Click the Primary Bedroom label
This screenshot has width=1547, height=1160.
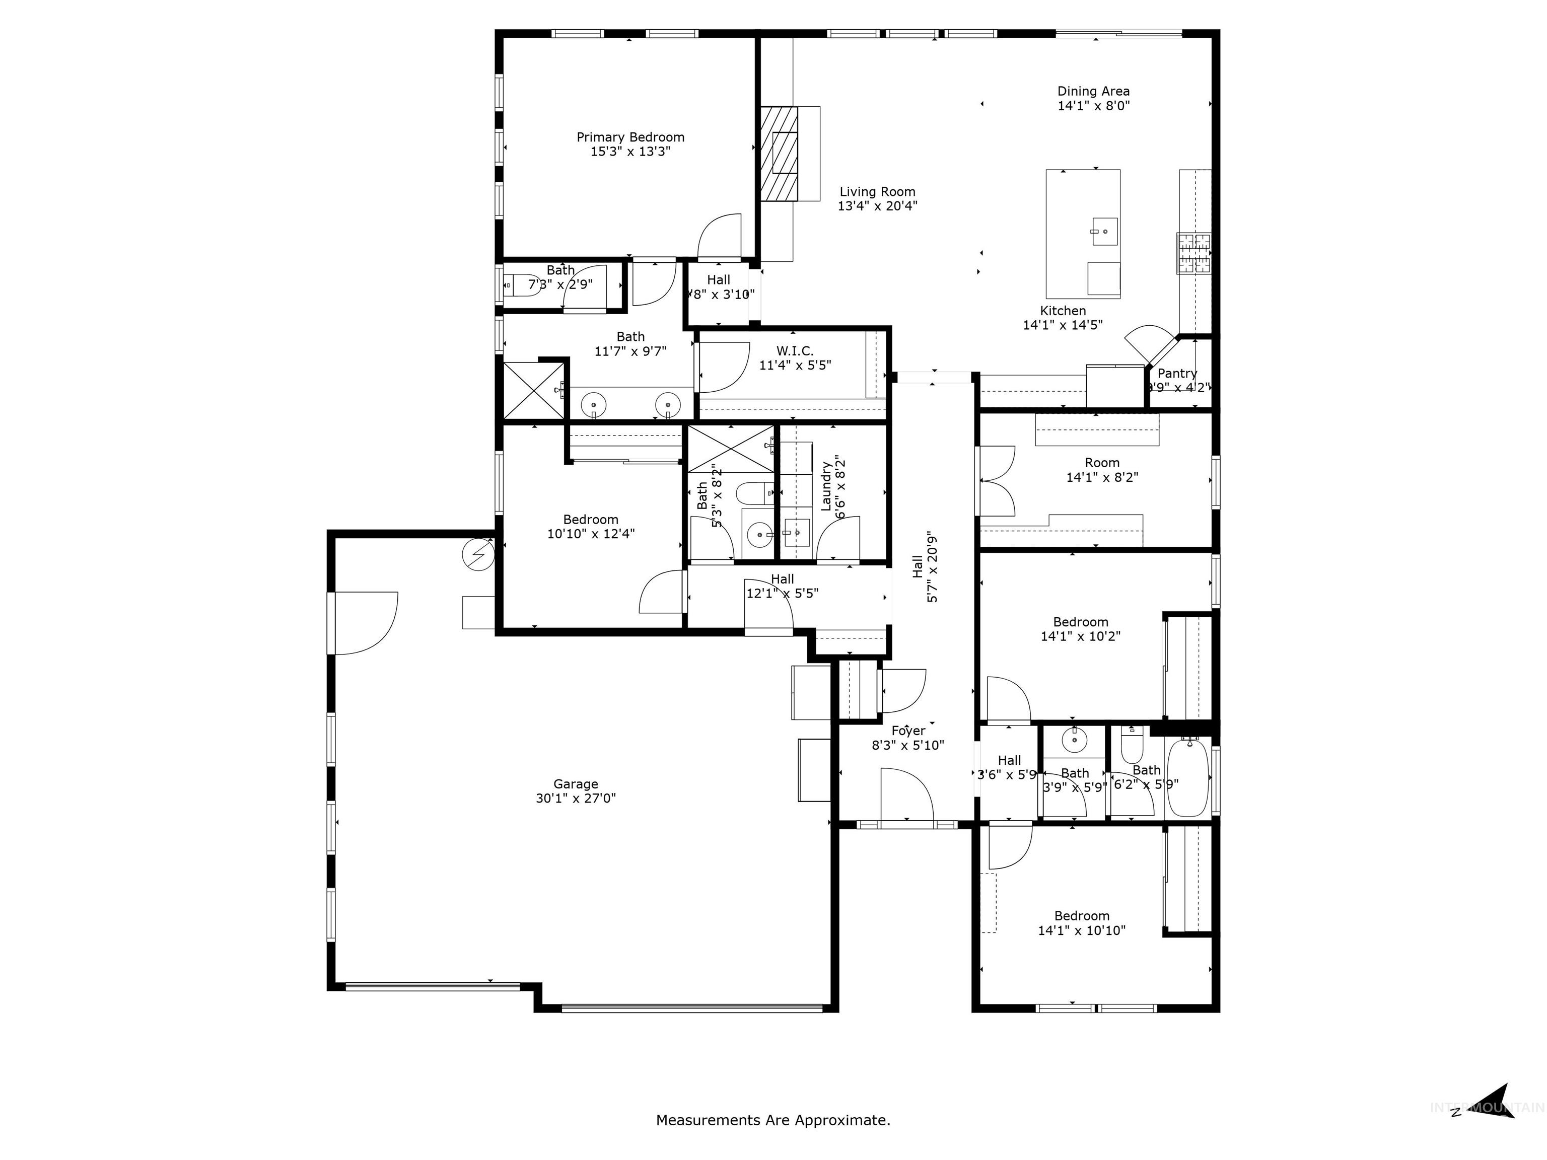630,137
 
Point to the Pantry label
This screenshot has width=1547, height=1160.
1177,374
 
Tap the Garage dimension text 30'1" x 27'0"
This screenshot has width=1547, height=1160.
576,799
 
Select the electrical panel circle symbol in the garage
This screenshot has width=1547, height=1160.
478,555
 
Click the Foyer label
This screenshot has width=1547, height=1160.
908,731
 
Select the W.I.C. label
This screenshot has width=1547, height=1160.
795,350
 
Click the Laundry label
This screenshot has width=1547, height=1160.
826,486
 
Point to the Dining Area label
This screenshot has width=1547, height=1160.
1093,91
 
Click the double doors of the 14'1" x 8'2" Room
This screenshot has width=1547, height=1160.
997,481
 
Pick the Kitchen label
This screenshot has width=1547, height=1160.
1063,311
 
